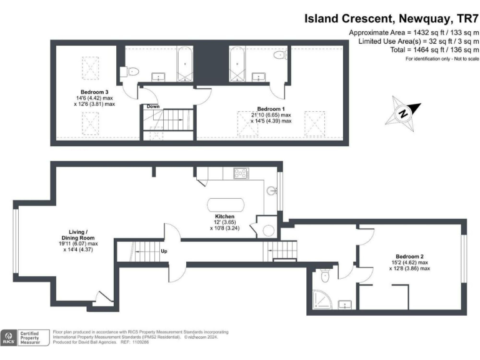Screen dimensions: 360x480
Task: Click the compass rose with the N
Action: pyautogui.click(x=403, y=113)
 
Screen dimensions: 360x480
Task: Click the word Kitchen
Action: pyautogui.click(x=224, y=216)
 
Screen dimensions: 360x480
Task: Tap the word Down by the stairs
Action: pyautogui.click(x=153, y=107)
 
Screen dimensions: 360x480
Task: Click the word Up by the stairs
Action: pyautogui.click(x=164, y=251)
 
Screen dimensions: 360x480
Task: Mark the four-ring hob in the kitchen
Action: pyautogui.click(x=241, y=173)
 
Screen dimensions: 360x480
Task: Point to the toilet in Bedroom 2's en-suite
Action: pyautogui.click(x=323, y=276)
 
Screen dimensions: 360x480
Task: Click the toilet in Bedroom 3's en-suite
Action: pyautogui.click(x=132, y=71)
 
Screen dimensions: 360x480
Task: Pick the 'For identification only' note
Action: pyautogui.click(x=442, y=59)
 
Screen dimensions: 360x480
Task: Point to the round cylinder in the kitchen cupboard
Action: pyautogui.click(x=268, y=231)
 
